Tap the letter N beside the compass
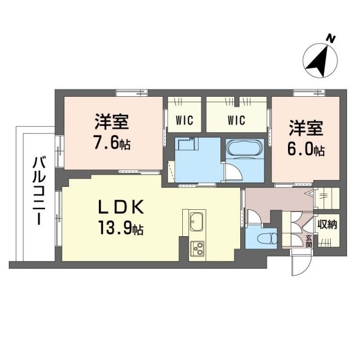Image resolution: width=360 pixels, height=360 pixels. tap(332, 39)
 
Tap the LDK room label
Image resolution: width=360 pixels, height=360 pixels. tap(121, 207)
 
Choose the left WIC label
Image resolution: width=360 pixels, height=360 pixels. tap(184, 119)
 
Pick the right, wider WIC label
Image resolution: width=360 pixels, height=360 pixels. tap(236, 119)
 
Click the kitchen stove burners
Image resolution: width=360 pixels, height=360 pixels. tap(198, 247)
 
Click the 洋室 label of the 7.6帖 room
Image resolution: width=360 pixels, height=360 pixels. tap(112, 121)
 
